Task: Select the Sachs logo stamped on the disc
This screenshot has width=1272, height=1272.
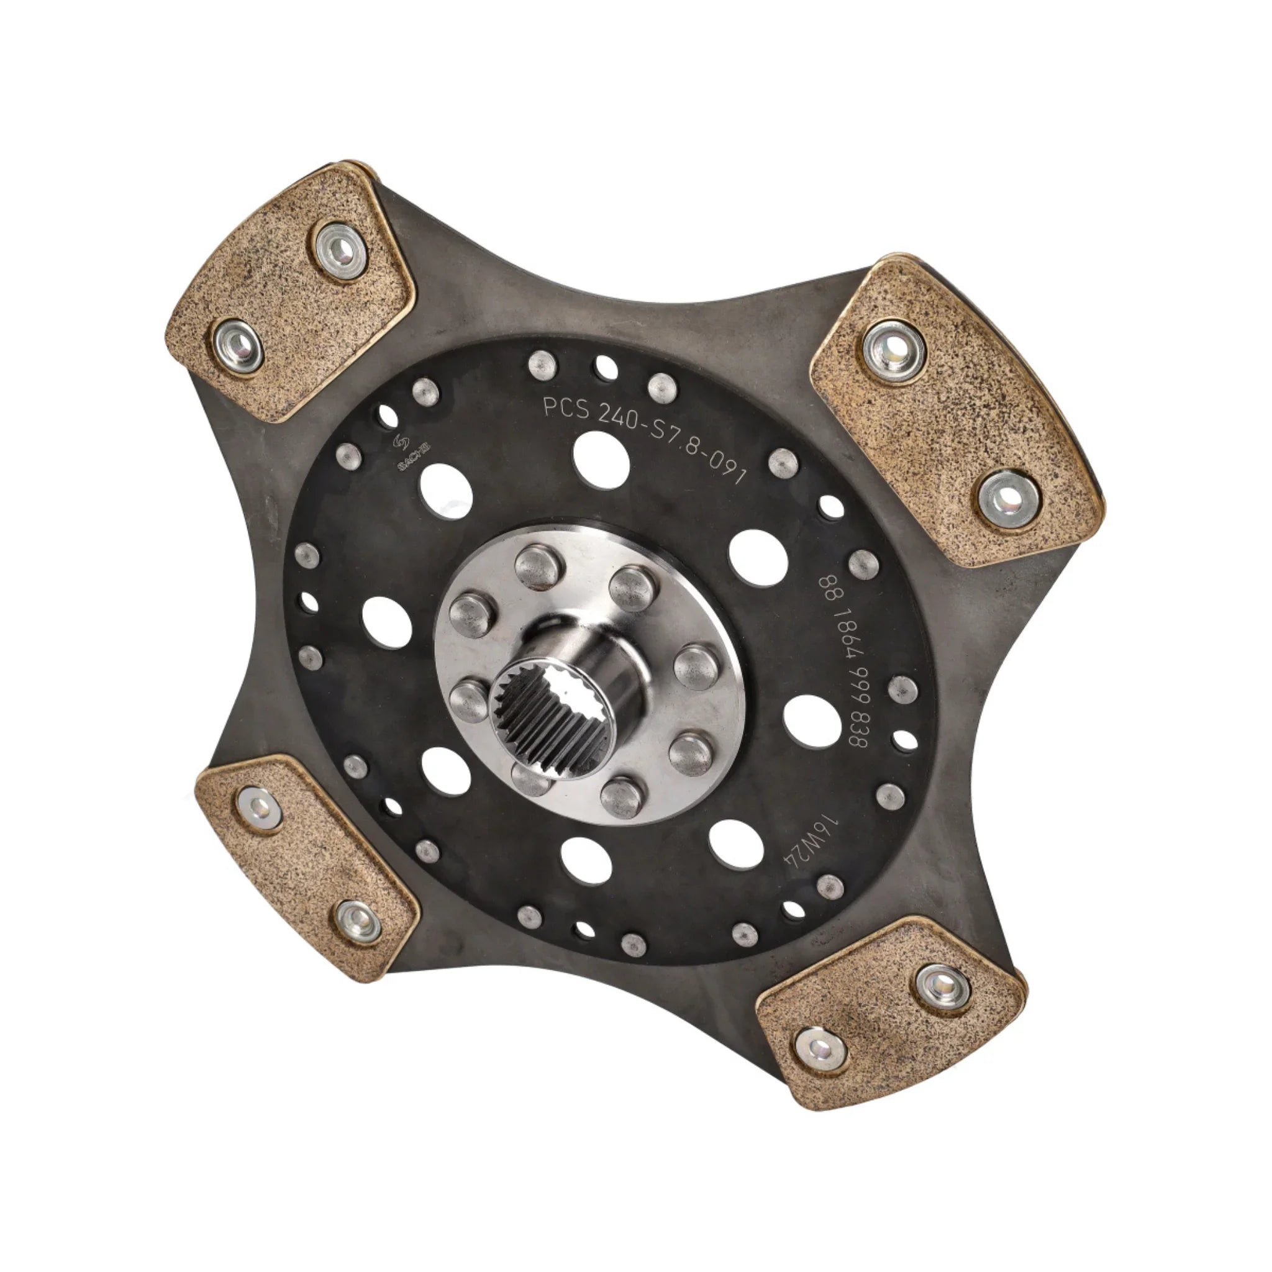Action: [x=404, y=453]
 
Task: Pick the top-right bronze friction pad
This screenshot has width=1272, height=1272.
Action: [x=955, y=409]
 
